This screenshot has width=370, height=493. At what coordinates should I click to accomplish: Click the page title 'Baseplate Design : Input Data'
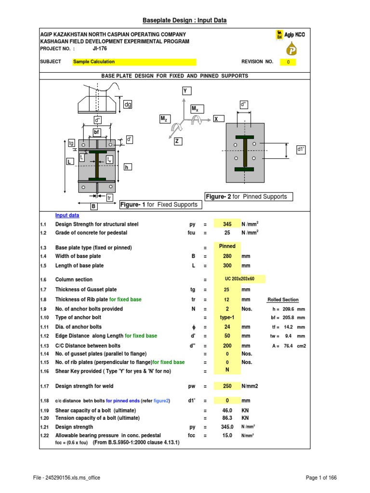(185, 20)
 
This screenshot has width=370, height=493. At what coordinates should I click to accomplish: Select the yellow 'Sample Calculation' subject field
(134, 62)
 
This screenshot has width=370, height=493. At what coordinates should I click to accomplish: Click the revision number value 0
(288, 62)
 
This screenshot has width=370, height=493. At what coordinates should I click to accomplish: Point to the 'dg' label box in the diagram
(128, 104)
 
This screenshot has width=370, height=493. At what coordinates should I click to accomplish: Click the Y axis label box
(185, 91)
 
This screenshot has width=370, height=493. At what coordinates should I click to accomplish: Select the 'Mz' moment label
(163, 118)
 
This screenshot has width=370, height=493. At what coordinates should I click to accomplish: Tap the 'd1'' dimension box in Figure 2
(302, 150)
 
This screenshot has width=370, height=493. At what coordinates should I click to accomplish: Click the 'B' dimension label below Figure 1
(93, 207)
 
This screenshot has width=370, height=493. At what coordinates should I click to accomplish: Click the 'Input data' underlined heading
(67, 216)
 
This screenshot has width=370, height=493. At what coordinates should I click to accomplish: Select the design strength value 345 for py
(227, 224)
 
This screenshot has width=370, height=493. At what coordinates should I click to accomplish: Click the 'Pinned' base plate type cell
(227, 246)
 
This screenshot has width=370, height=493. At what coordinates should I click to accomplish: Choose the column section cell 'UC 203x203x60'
(239, 280)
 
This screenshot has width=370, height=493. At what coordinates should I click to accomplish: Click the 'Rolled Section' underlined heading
(283, 300)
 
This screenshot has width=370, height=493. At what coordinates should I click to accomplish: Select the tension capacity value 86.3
(227, 418)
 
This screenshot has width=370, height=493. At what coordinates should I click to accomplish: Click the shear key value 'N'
(227, 370)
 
